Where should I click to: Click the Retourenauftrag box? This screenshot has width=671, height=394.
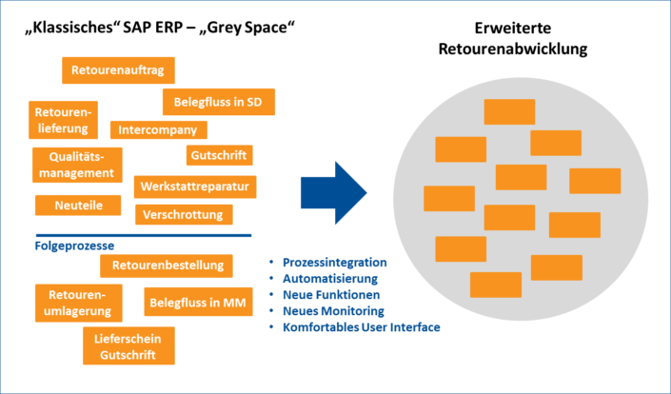tap(118, 70)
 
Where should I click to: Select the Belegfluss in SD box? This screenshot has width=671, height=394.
tap(218, 102)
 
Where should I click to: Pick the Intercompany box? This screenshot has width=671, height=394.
tap(159, 129)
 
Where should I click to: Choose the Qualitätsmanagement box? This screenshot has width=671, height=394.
tap(77, 164)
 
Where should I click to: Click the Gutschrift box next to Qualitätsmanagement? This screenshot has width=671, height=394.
tap(218, 155)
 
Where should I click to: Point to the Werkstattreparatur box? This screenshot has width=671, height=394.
tap(194, 186)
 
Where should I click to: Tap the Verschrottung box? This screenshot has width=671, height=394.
tap(183, 214)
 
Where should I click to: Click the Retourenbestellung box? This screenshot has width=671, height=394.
tap(166, 265)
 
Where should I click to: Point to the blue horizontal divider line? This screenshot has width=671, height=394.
tap(143, 234)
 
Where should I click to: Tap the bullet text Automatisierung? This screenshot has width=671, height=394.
tap(329, 278)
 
